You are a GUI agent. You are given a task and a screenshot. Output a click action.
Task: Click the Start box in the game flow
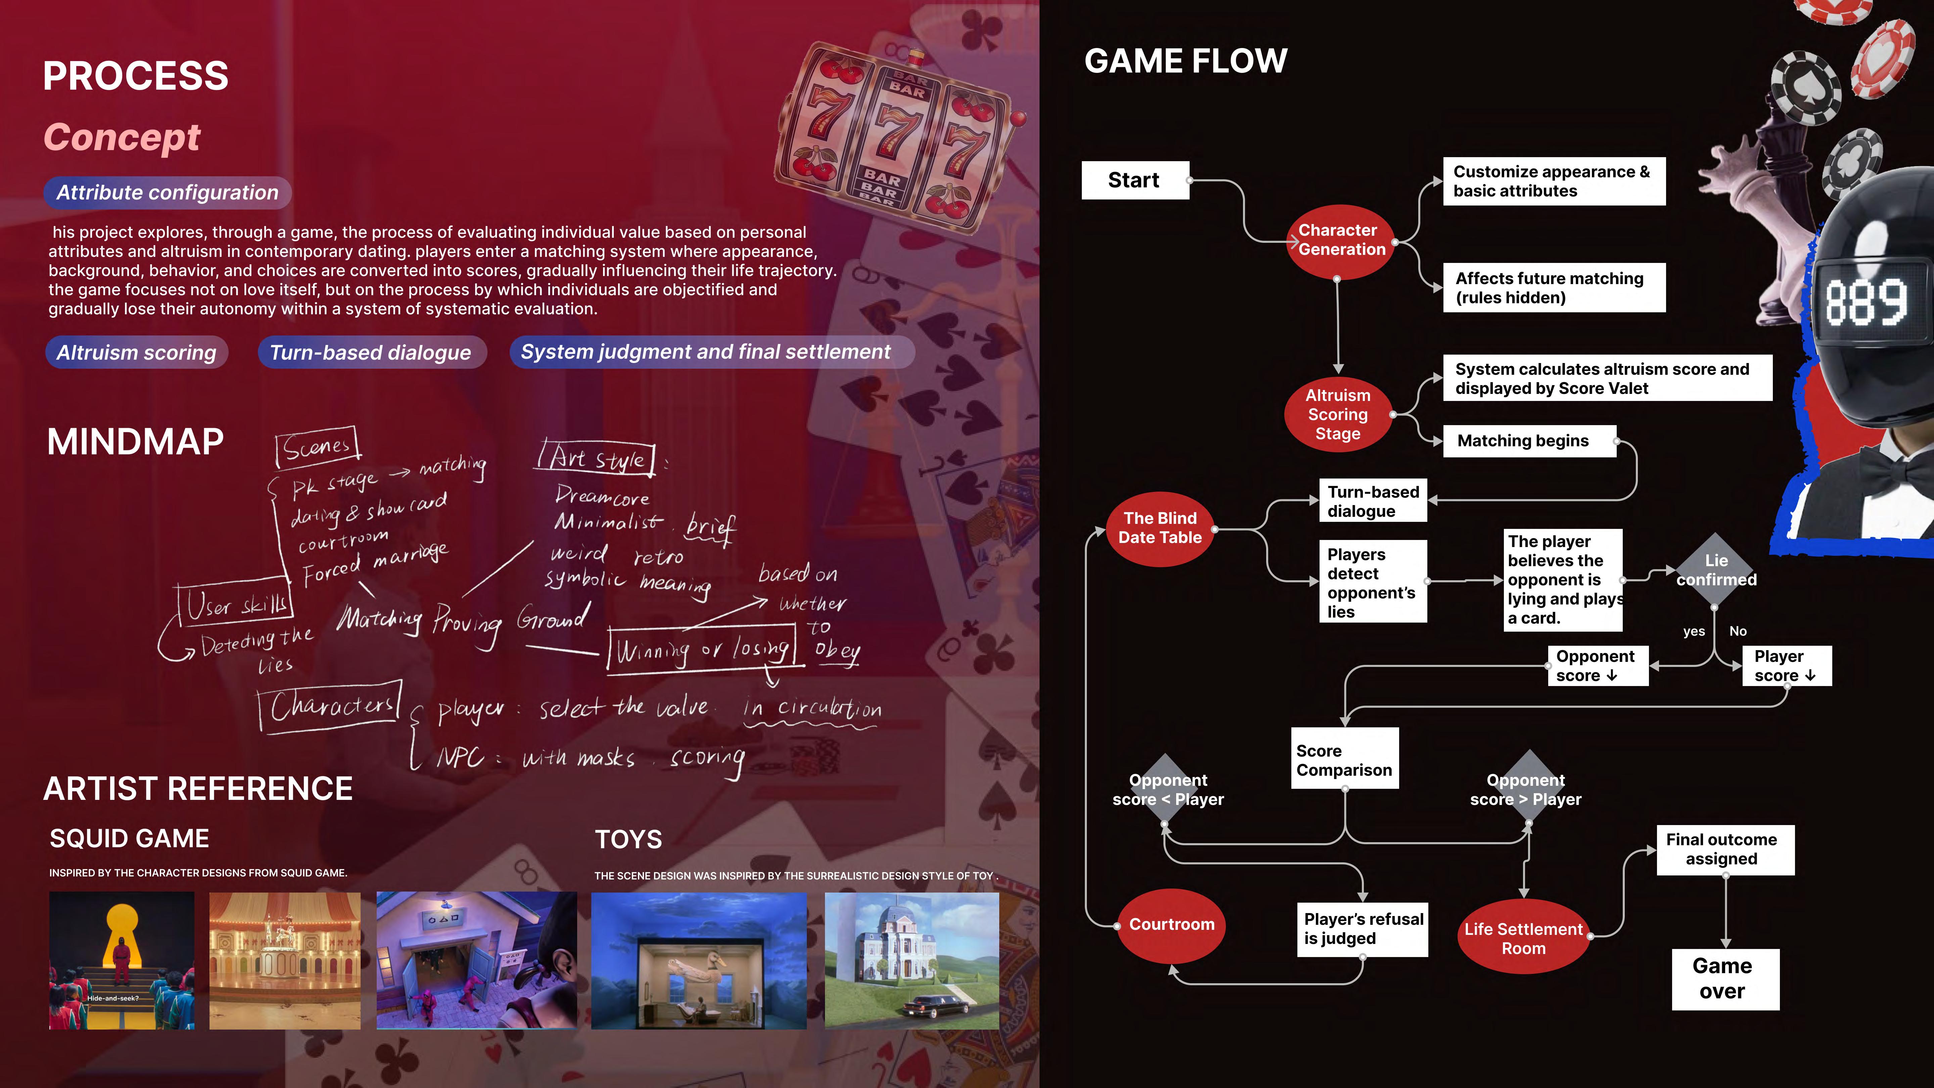(x=1135, y=180)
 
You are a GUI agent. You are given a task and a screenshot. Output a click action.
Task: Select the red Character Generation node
(x=1341, y=240)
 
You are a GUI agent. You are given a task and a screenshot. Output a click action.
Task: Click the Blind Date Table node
(x=1160, y=528)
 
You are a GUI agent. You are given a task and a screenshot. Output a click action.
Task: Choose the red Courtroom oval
(x=1171, y=924)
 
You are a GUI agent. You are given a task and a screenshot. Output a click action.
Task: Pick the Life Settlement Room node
(x=1523, y=938)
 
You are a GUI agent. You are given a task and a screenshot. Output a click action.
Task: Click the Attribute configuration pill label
(x=168, y=193)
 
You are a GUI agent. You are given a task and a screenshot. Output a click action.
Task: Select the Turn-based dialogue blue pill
(x=371, y=352)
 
